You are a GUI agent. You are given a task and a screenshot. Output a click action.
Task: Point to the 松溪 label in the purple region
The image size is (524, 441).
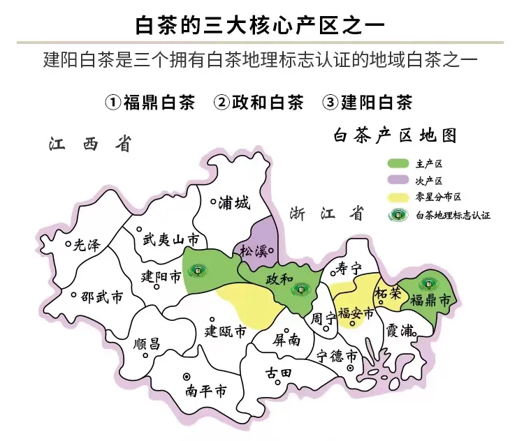pos(254,251)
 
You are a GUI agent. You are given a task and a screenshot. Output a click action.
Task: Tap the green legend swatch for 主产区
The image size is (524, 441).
pos(398,164)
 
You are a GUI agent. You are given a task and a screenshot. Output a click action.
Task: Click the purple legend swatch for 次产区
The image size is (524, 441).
pos(398,181)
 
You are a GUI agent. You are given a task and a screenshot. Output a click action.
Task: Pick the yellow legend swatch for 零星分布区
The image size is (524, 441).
pos(398,197)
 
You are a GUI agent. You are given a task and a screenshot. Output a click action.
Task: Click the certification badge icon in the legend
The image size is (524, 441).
pos(398,215)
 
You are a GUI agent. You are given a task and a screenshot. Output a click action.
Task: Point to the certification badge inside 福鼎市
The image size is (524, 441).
pos(425,285)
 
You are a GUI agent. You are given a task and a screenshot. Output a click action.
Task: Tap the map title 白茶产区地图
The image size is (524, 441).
pos(395,135)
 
